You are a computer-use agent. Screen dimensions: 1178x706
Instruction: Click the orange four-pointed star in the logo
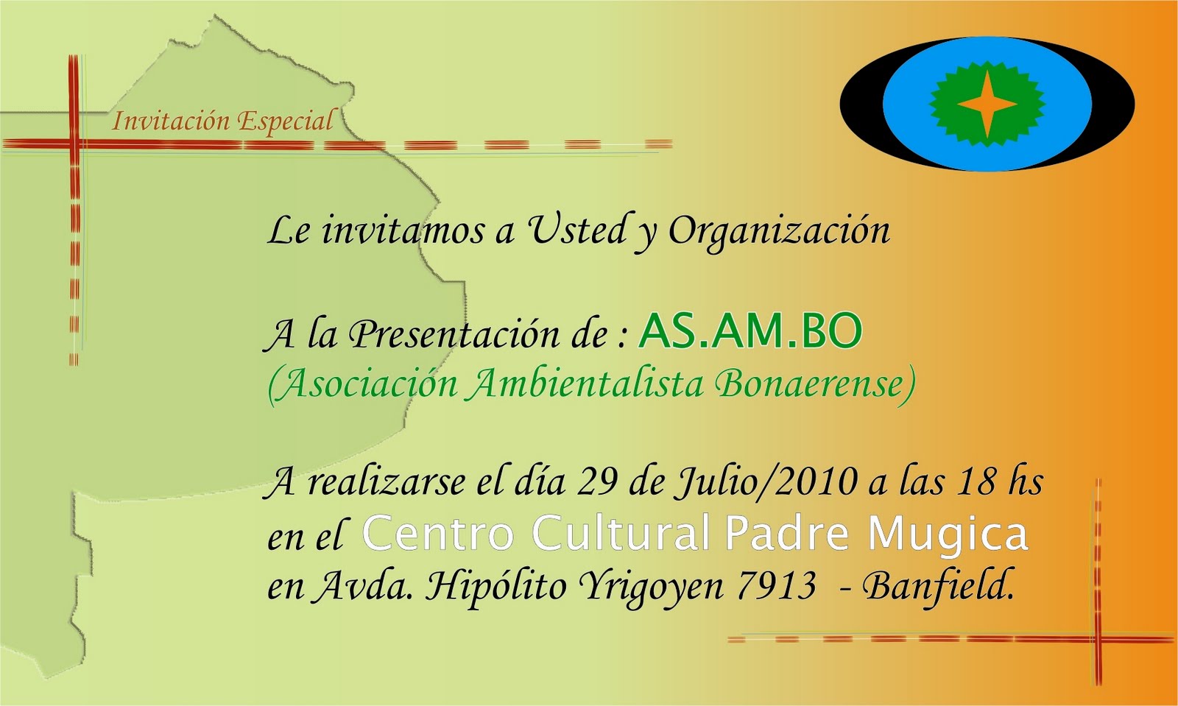pos(987,104)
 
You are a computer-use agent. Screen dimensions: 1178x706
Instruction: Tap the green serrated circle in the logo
pos(987,104)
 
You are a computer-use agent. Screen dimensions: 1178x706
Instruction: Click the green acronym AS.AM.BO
pos(750,331)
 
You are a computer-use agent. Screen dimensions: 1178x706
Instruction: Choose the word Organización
pos(779,231)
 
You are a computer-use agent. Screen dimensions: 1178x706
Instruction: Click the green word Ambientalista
pos(586,384)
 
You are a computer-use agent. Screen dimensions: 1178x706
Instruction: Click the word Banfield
pos(938,585)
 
